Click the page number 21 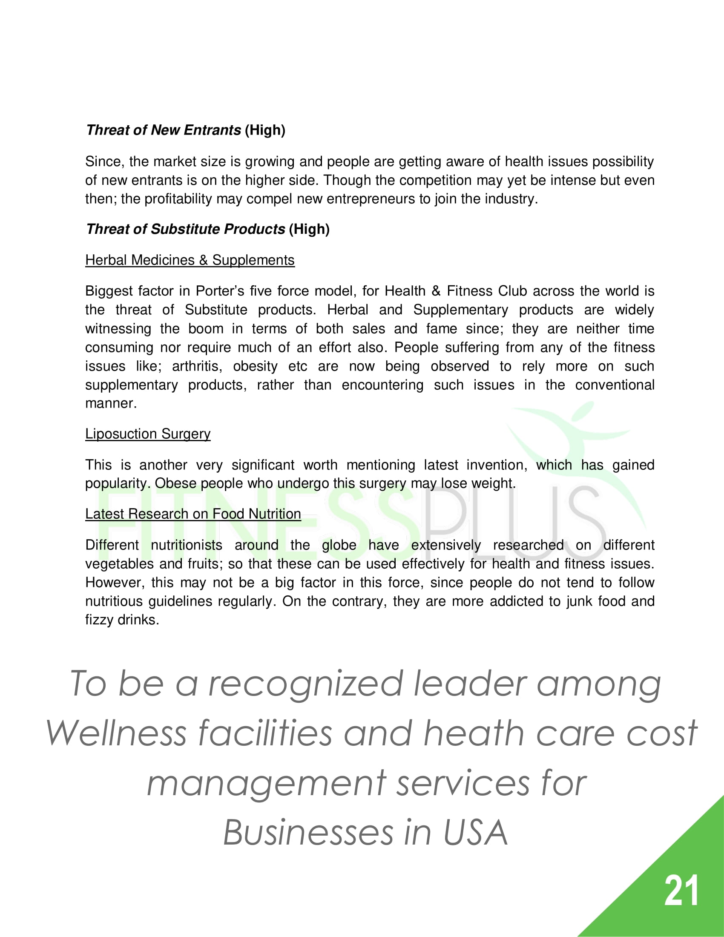point(681,891)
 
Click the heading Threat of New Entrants point(164,130)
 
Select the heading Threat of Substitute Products point(185,229)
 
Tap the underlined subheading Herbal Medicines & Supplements point(190,260)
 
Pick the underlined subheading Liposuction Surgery point(147,434)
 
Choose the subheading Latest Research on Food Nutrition point(193,514)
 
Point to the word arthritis point(197,366)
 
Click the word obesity point(255,366)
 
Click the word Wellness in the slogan point(116,733)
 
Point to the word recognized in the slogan point(305,684)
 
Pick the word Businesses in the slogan point(308,833)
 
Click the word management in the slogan point(266,783)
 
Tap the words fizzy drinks point(122,620)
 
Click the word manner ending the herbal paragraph point(110,403)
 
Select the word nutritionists point(186,545)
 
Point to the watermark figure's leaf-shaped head point(584,413)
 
